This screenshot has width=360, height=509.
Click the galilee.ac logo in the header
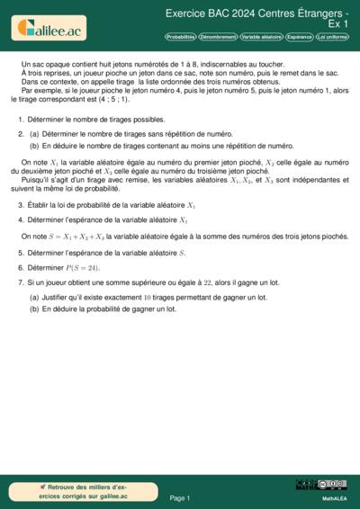(x=50, y=28)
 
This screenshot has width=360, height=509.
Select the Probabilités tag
(x=180, y=37)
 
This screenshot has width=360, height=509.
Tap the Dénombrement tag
(x=218, y=37)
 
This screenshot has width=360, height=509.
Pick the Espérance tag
(x=299, y=37)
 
